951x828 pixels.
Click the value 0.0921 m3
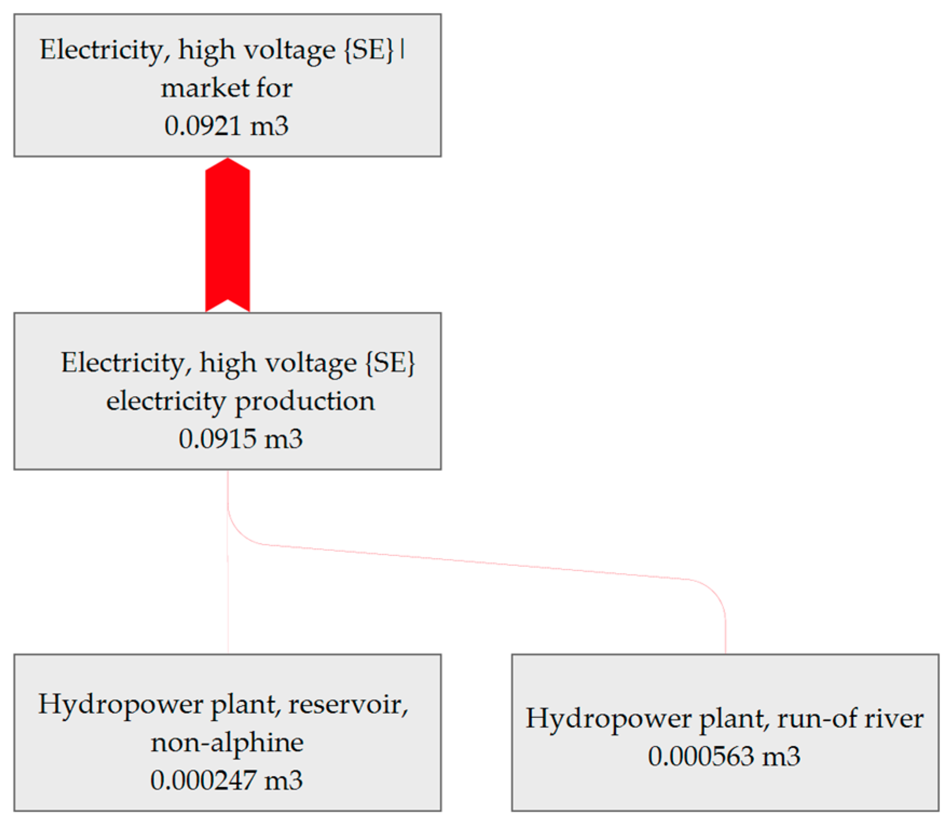226,126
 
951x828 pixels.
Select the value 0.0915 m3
240,439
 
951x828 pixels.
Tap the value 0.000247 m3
226,780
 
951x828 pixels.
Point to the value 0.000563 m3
724,756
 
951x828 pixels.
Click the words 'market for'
226,88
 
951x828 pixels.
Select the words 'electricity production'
240,401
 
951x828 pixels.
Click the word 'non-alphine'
227,742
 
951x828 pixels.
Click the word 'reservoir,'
348,704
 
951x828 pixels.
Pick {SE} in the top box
369,50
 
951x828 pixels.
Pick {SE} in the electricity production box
390,362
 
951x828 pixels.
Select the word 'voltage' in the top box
290,50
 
